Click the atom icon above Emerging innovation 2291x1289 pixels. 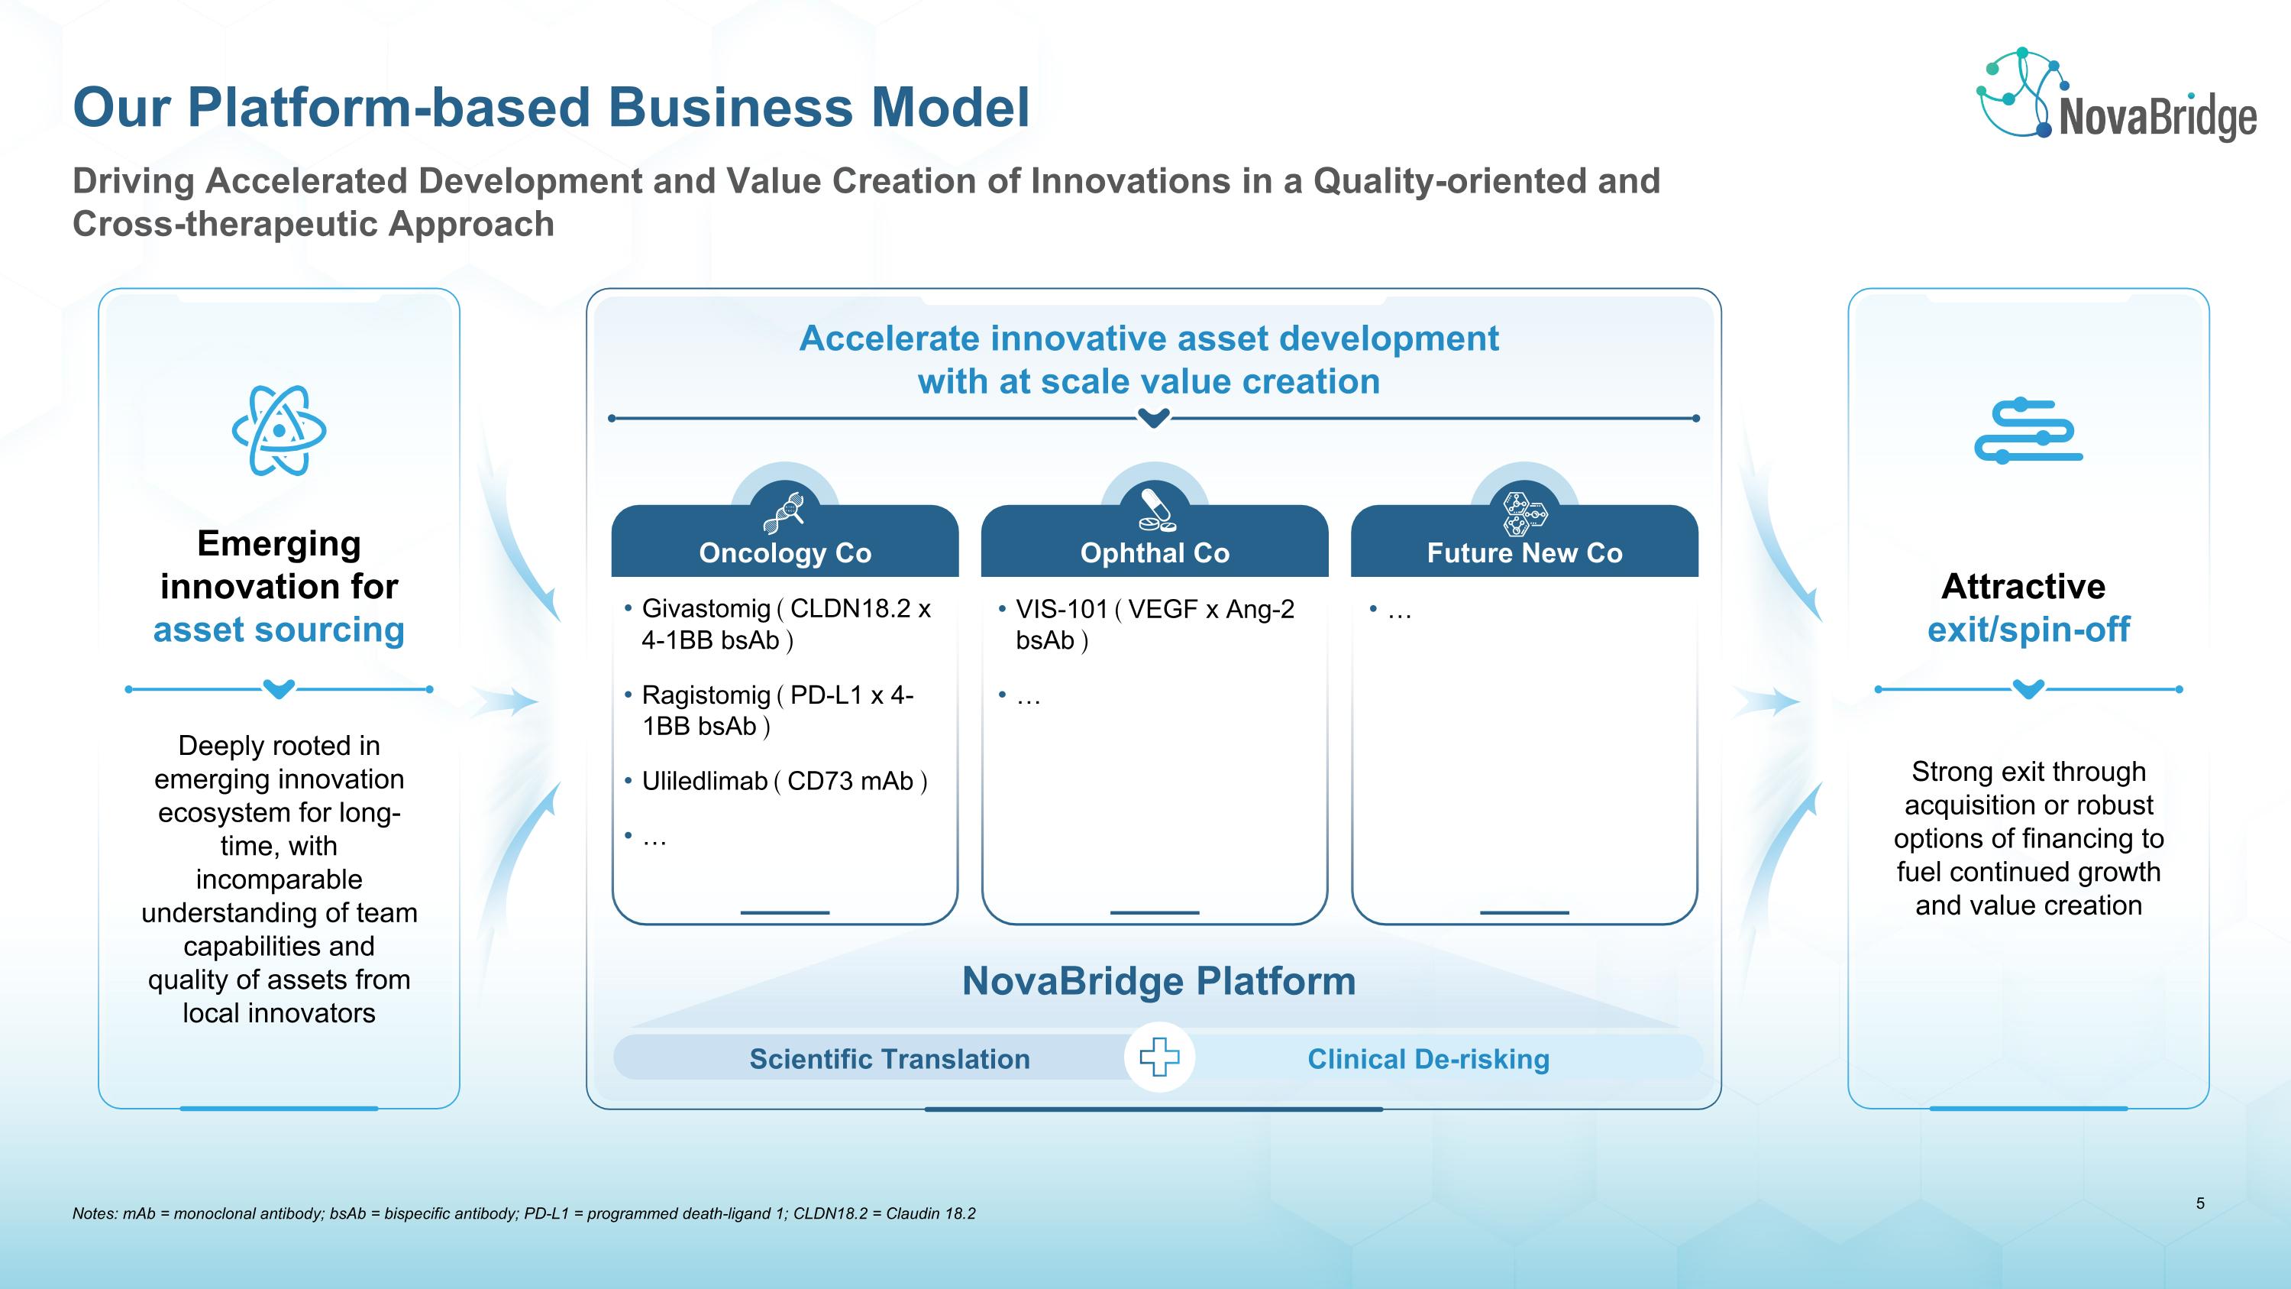click(280, 430)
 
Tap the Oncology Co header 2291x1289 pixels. click(784, 552)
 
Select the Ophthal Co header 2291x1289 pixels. click(1155, 552)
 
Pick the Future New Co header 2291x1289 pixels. click(1524, 552)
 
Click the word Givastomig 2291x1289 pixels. click(706, 608)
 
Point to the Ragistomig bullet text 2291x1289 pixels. click(777, 710)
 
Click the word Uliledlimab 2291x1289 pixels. click(704, 781)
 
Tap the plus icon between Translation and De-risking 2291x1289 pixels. click(1158, 1057)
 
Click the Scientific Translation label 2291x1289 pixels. click(890, 1058)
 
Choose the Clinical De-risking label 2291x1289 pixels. click(1428, 1058)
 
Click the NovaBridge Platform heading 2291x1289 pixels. click(1158, 980)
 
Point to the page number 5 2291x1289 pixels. click(2200, 1203)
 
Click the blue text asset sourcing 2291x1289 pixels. click(280, 630)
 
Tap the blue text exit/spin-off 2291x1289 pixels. click(2028, 630)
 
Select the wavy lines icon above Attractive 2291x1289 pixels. click(2028, 432)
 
